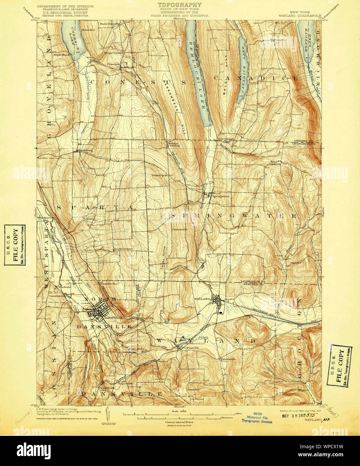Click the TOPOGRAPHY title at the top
(x=180, y=5)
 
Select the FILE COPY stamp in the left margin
(x=15, y=245)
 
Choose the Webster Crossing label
(x=173, y=145)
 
